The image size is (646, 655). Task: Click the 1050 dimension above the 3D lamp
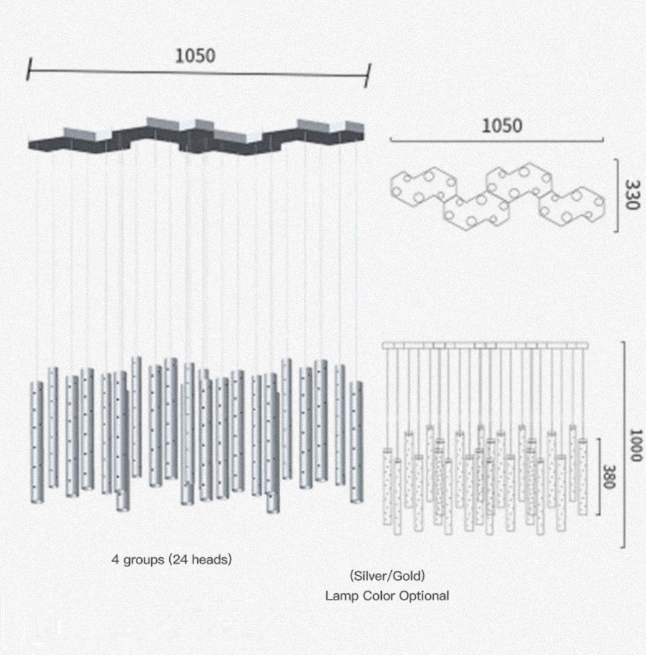pos(195,56)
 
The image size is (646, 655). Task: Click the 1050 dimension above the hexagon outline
pos(502,126)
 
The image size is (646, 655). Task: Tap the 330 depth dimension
pos(632,195)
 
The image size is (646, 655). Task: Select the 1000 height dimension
pos(635,445)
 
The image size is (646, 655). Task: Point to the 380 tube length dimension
pos(609,477)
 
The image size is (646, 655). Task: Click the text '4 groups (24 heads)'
pos(171,559)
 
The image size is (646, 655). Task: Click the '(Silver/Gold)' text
pos(388,576)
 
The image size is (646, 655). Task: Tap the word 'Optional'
pos(424,595)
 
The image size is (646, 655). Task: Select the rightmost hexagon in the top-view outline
pos(572,206)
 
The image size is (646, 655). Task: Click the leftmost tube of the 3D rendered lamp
pos(37,442)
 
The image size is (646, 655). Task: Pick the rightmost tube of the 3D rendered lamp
pos(356,442)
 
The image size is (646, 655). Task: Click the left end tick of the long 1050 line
pos(29,69)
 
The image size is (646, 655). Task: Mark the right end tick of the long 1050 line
pos(368,75)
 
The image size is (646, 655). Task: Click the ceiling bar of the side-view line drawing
pos(486,346)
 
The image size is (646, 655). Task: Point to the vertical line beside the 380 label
pos(599,477)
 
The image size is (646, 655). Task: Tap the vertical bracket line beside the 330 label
pos(617,195)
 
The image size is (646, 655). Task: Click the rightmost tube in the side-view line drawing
pos(582,477)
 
